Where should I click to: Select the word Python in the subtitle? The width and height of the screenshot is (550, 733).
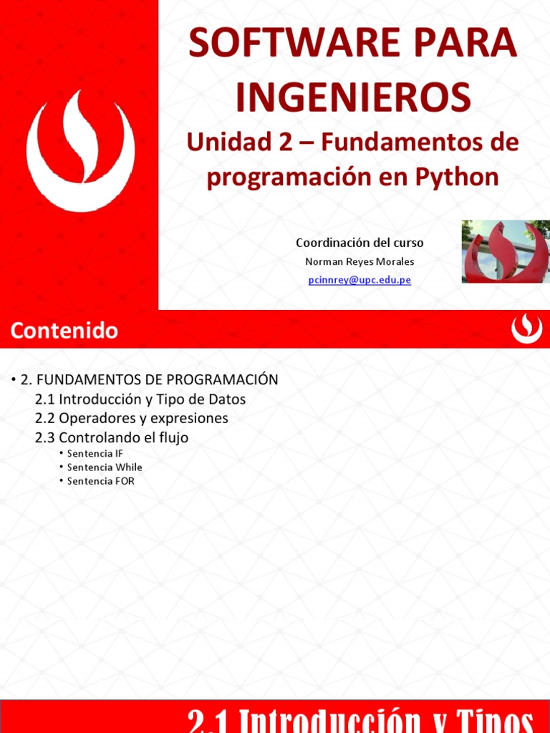[460, 177]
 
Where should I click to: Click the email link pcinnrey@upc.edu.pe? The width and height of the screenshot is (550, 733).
[360, 280]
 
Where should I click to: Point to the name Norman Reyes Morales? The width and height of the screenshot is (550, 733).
[360, 261]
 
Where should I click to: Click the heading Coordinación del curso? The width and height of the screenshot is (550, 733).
[360, 243]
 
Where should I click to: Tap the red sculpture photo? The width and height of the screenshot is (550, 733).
[506, 251]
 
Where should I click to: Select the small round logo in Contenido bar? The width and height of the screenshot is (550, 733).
[526, 329]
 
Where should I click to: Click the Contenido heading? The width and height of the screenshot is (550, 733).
[64, 331]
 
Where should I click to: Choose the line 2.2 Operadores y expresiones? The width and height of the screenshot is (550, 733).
[131, 417]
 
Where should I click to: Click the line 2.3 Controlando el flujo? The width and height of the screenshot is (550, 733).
[112, 437]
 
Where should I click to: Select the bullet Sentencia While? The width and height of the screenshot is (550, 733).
[105, 467]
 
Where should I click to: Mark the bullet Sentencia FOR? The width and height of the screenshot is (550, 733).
[100, 481]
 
